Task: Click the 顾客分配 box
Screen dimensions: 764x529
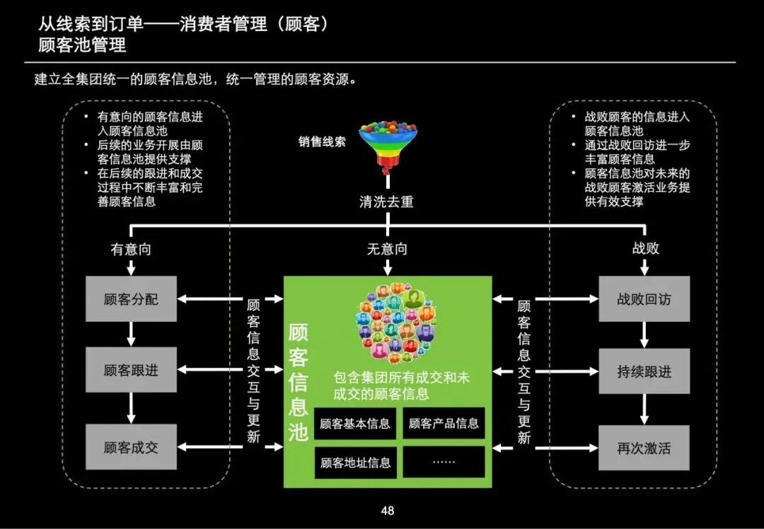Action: (x=131, y=299)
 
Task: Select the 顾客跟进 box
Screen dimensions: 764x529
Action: (x=131, y=370)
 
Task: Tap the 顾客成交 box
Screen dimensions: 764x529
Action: (x=131, y=447)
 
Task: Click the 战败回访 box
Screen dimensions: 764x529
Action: (x=644, y=299)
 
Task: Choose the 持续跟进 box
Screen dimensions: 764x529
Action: (x=644, y=371)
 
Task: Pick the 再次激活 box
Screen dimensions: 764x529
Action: (x=644, y=448)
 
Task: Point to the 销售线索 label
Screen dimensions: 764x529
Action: (x=322, y=141)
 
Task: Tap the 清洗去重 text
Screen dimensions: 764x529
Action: (x=386, y=202)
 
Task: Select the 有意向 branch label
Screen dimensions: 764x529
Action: (x=131, y=248)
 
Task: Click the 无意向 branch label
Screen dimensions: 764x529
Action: (x=387, y=248)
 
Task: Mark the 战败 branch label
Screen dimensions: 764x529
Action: (x=645, y=248)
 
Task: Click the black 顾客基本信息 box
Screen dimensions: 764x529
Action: (x=355, y=424)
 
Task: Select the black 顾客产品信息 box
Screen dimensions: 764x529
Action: (x=444, y=424)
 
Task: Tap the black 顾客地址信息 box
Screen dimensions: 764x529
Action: (x=355, y=463)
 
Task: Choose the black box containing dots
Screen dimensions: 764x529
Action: (x=444, y=462)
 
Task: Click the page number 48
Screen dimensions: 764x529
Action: (x=387, y=511)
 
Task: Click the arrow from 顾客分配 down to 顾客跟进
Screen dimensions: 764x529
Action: (x=131, y=335)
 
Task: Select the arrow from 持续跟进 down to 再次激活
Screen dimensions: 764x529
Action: (x=644, y=409)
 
